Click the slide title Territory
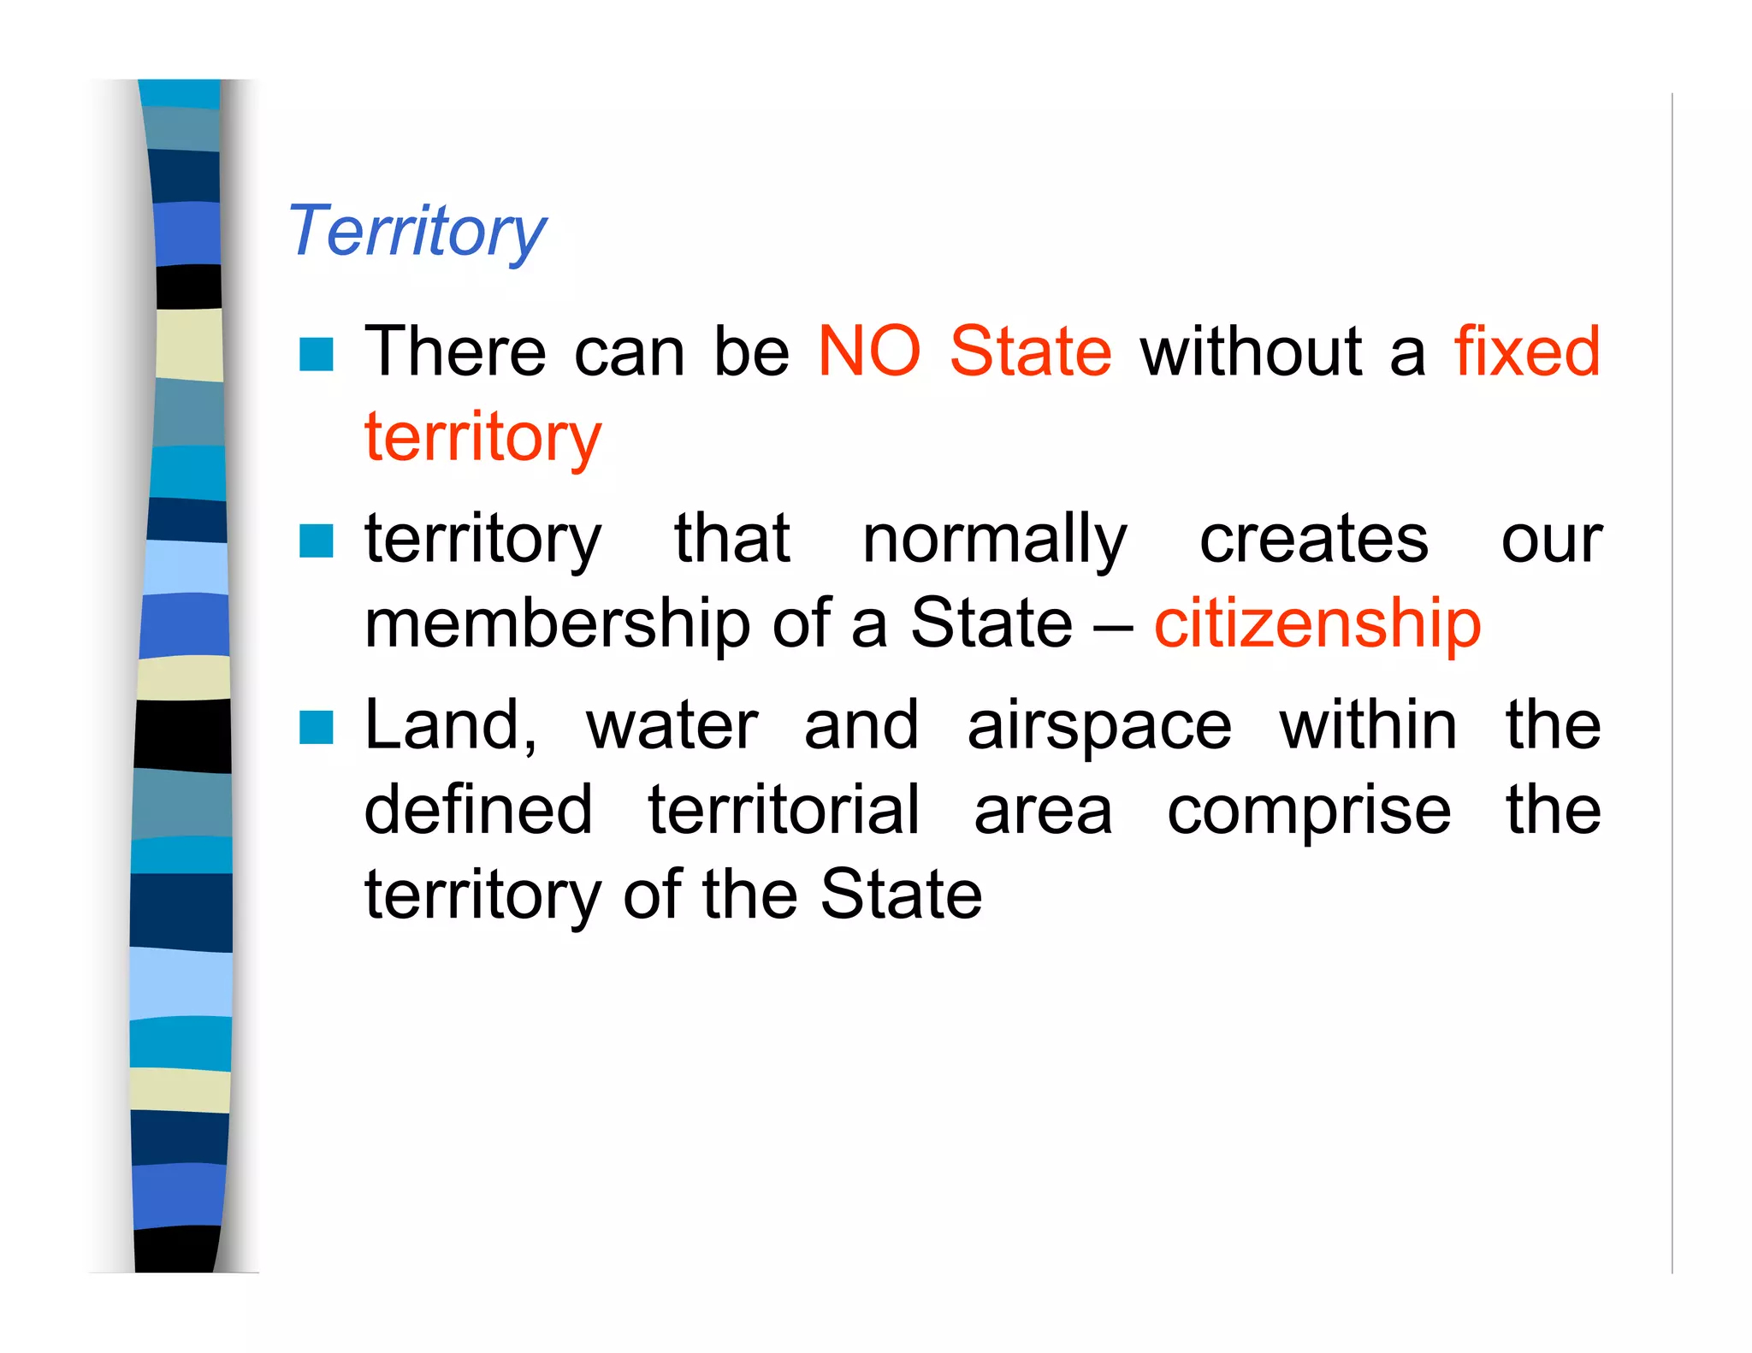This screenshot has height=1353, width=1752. coord(417,231)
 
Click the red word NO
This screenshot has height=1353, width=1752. coord(869,352)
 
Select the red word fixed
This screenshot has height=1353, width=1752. coord(1527,352)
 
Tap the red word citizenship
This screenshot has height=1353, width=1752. coord(1317,623)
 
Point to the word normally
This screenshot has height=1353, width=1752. coord(995,541)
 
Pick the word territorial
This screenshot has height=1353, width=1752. coord(784,810)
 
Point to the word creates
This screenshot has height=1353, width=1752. coord(1314,541)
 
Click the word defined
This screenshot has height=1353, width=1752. coord(478,810)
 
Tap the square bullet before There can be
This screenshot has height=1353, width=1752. coord(317,354)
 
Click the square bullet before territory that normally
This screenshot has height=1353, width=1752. coord(317,541)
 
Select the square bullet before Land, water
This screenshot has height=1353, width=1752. coord(317,728)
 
